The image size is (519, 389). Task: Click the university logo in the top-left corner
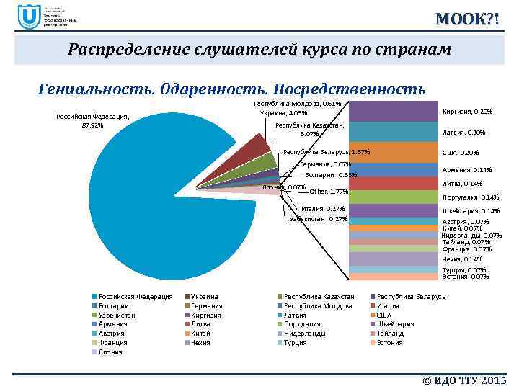(x=30, y=17)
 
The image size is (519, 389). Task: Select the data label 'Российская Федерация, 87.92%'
(x=92, y=121)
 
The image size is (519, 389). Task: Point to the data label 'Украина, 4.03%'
(x=284, y=113)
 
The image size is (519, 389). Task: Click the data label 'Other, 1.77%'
(x=329, y=192)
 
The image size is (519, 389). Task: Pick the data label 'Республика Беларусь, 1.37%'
(x=327, y=152)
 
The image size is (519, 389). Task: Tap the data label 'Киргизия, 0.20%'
(x=467, y=112)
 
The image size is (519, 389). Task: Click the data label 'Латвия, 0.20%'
(x=463, y=133)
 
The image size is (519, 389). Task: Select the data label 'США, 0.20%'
(x=461, y=153)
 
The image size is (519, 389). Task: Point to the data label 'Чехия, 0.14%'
(x=462, y=259)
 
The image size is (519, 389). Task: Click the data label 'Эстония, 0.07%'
(x=466, y=277)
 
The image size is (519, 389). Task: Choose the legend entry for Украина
(x=205, y=297)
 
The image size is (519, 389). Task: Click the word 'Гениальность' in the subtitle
(x=90, y=89)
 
